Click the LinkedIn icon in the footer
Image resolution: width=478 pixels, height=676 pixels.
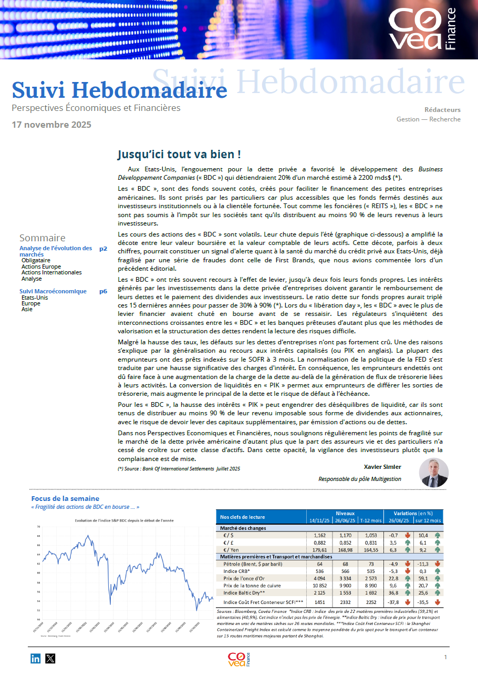(x=36, y=658)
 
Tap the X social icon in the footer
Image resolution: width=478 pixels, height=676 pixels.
(x=50, y=658)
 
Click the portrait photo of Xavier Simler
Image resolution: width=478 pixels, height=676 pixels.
(x=433, y=473)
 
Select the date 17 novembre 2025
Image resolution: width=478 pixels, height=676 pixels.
(x=51, y=125)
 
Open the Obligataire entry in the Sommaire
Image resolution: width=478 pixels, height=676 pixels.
(x=36, y=260)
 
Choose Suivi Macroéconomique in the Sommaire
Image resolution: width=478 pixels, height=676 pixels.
(x=53, y=291)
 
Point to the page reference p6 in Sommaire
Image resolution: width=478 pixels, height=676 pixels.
(x=103, y=291)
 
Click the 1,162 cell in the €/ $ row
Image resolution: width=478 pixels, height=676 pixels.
(x=319, y=535)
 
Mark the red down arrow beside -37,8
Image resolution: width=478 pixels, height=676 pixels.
(x=408, y=602)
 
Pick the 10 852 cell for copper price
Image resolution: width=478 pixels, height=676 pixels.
(x=316, y=586)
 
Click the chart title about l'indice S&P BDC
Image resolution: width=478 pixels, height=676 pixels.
(x=124, y=520)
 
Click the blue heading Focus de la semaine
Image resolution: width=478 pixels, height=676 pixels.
(x=65, y=498)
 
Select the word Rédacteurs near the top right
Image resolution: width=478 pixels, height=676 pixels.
(x=442, y=110)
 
